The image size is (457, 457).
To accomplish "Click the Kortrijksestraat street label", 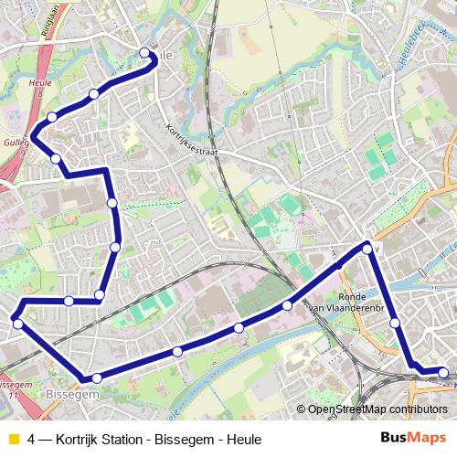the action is pos(192,141).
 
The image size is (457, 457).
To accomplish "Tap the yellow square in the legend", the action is pos(11,439).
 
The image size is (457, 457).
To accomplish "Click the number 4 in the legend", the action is pos(32,439).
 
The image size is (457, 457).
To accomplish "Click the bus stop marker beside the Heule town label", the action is pos(144,53).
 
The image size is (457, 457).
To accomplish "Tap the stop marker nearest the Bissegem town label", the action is pos(96,377).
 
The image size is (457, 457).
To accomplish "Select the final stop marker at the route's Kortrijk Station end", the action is pos(443,372).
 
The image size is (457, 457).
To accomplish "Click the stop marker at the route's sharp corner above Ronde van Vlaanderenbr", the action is pos(367,247).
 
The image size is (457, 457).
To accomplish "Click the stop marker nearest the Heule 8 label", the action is pos(52,116).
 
